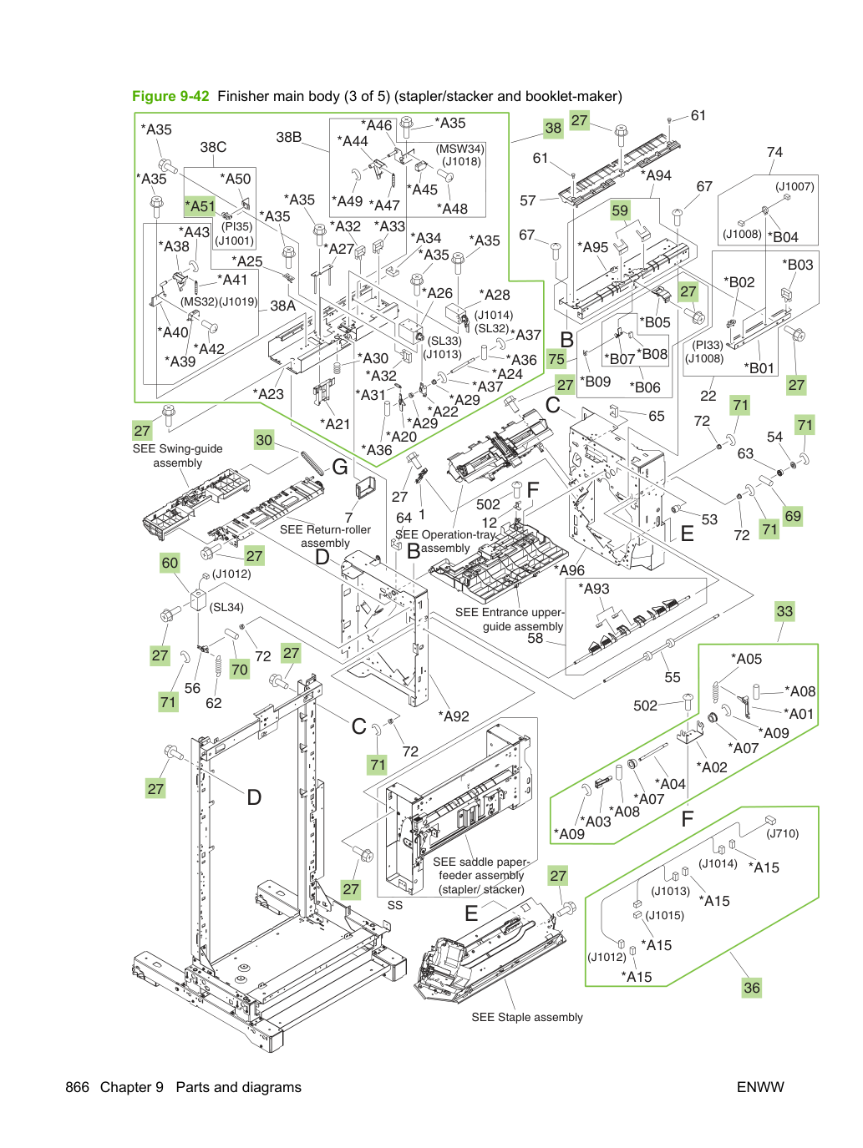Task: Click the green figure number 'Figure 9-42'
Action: click(x=170, y=96)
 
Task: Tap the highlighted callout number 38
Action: click(x=553, y=128)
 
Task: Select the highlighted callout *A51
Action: click(x=200, y=206)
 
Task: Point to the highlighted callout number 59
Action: click(x=620, y=210)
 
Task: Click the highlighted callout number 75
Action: click(x=556, y=359)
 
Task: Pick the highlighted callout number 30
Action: click(x=264, y=440)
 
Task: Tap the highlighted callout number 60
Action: click(x=170, y=563)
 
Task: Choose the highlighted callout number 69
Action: click(x=793, y=516)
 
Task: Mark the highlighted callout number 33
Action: click(x=784, y=611)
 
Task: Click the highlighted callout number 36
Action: click(x=752, y=988)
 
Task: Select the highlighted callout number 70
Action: click(x=239, y=670)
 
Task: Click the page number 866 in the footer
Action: click(x=78, y=1087)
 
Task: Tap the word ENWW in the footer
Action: click(x=760, y=1087)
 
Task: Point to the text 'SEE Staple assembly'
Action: click(x=527, y=1017)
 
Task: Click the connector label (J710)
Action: click(x=783, y=834)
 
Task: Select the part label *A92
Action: click(x=453, y=716)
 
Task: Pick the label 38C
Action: click(x=214, y=147)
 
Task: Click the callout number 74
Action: click(x=774, y=152)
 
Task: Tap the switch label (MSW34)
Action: click(x=460, y=149)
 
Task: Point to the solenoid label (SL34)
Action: click(x=226, y=607)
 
